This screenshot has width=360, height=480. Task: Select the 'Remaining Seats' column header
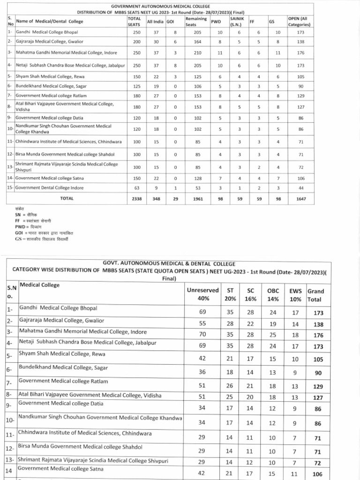point(196,21)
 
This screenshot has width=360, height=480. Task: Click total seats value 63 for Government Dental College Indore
point(137,187)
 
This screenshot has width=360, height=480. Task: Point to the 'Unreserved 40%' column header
point(202,294)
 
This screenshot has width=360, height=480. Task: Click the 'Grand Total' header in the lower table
point(315,294)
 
